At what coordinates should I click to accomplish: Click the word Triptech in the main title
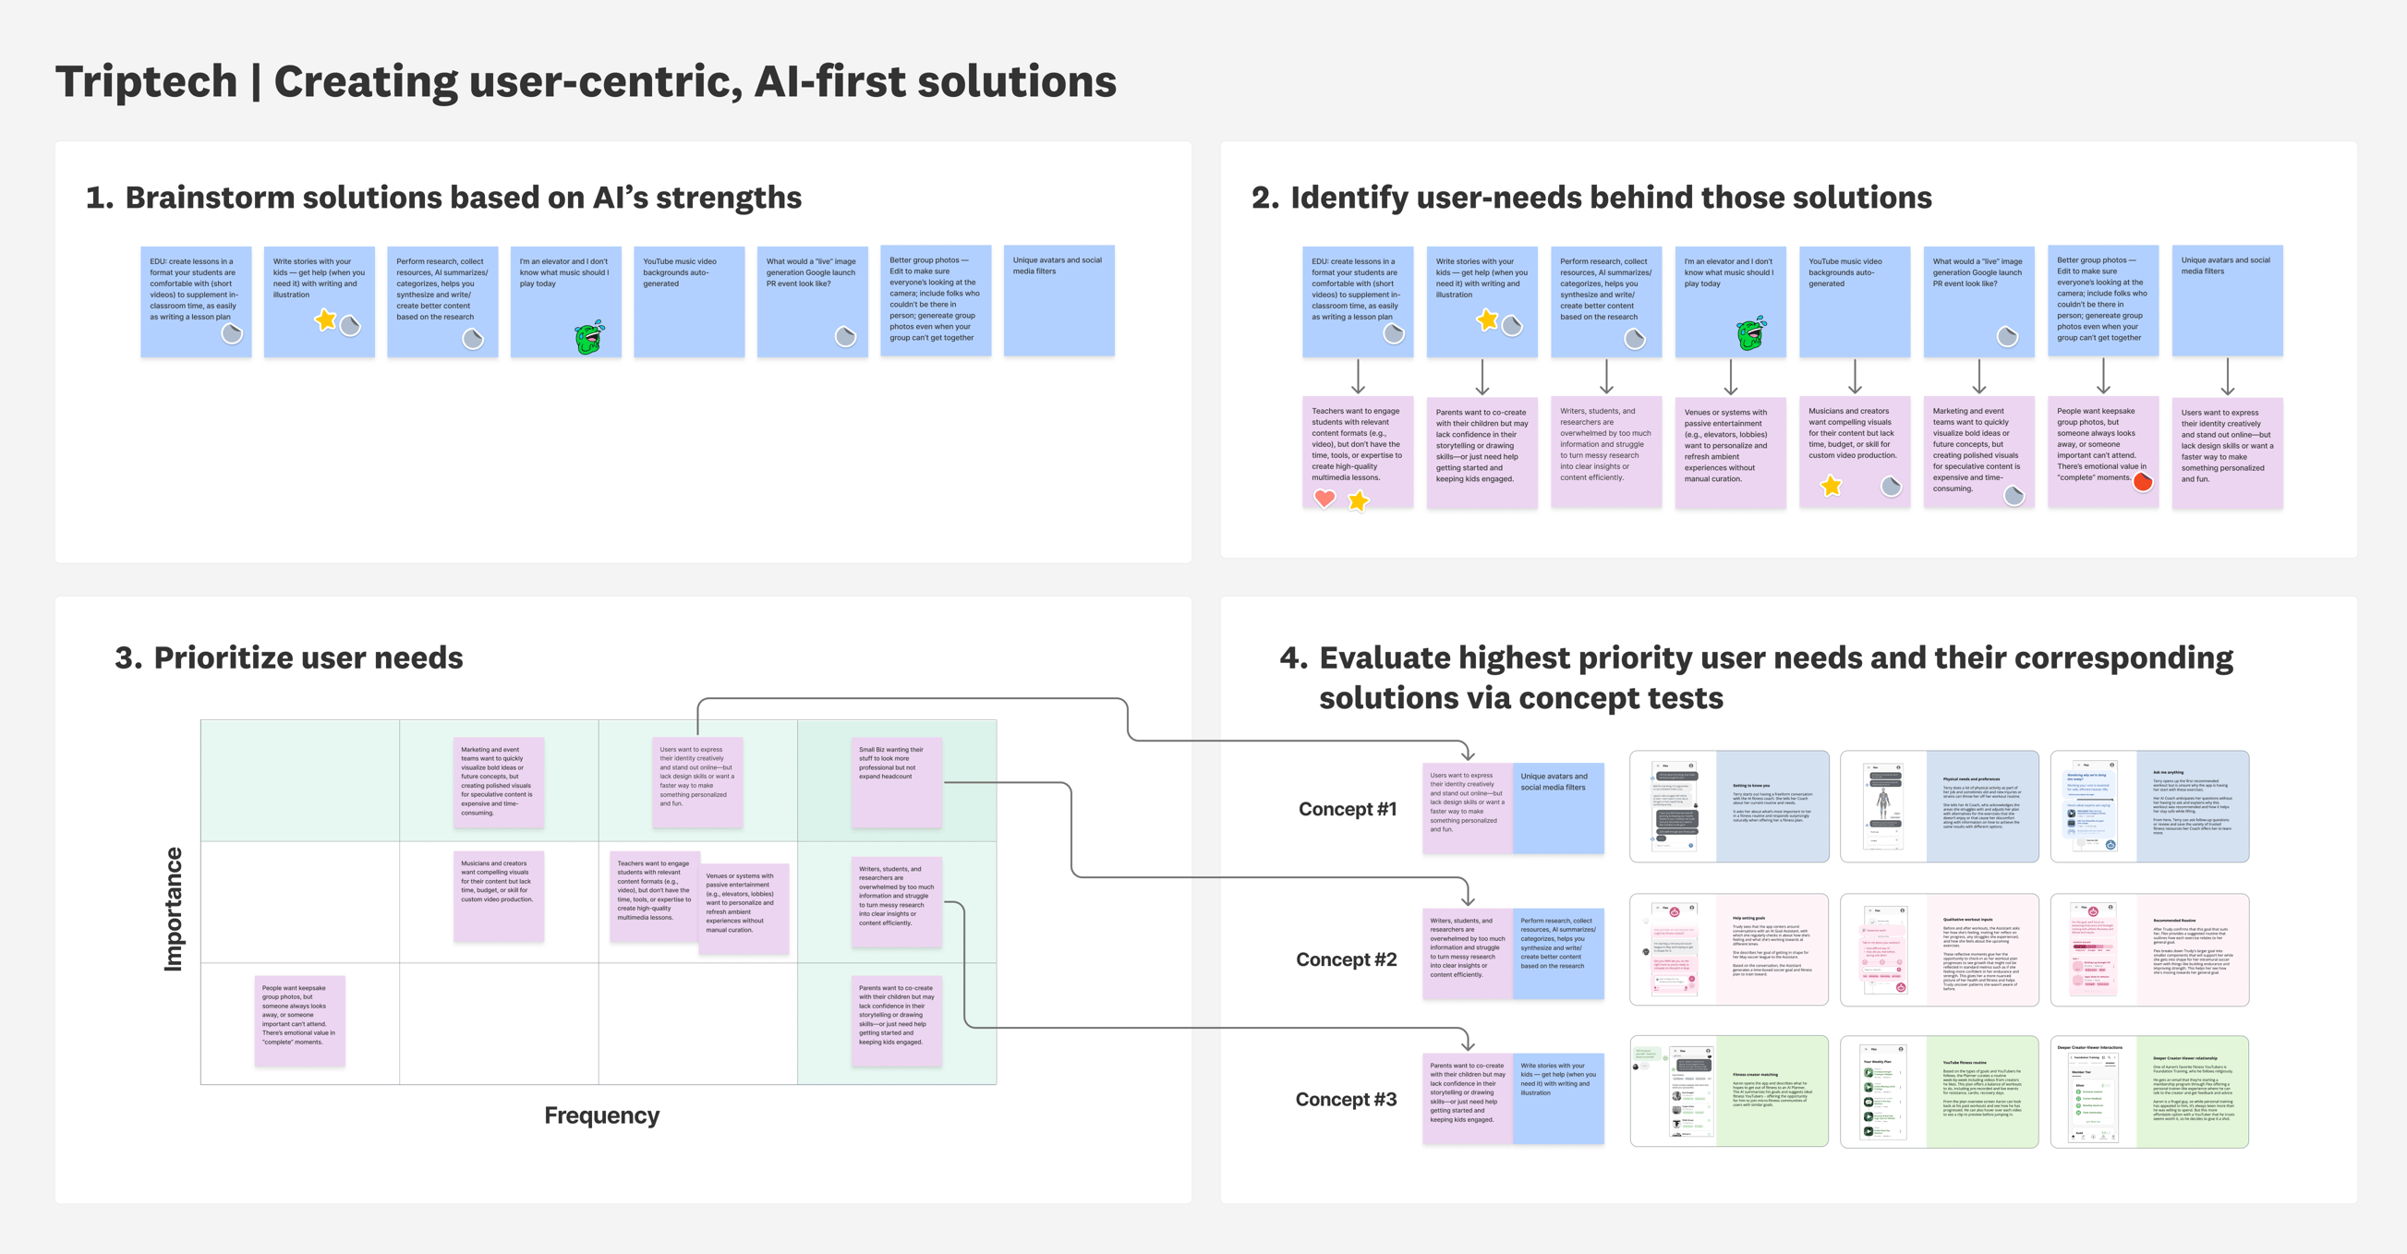(x=147, y=82)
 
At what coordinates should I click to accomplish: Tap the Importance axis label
(x=173, y=909)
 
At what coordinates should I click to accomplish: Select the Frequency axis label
(x=602, y=1115)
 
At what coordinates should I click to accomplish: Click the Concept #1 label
(x=1347, y=809)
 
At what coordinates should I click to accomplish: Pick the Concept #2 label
(x=1346, y=959)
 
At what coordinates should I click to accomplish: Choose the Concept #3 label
(x=1346, y=1099)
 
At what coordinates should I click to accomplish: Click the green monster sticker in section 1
(x=589, y=337)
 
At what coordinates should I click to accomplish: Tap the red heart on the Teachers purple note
(x=1324, y=498)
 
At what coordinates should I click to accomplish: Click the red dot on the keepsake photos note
(x=2143, y=482)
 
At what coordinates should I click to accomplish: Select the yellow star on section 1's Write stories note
(x=325, y=320)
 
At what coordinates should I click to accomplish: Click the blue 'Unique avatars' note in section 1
(x=1058, y=300)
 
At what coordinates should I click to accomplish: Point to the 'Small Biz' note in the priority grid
(x=896, y=782)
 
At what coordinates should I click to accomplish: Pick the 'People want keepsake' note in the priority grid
(x=300, y=1020)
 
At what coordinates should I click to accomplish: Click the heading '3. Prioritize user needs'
(x=289, y=657)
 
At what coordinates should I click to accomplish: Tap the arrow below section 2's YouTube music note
(x=1855, y=377)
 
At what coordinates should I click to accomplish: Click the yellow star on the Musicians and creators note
(x=1831, y=486)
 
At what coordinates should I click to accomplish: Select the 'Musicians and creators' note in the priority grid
(x=498, y=895)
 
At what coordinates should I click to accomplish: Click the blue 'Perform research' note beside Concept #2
(x=1557, y=953)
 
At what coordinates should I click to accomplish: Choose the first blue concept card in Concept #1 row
(x=1729, y=805)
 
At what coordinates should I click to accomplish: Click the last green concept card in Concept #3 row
(x=2149, y=1091)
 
